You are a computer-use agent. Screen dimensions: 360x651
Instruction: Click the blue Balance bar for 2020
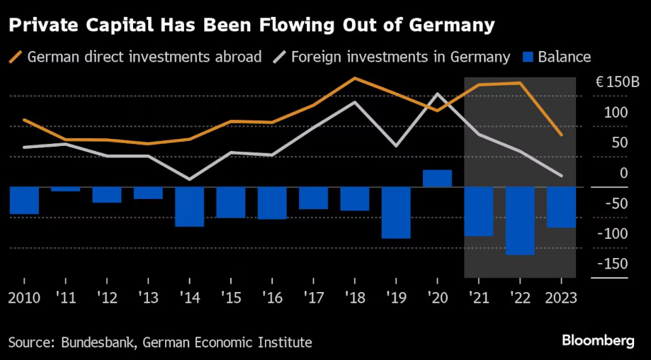(437, 179)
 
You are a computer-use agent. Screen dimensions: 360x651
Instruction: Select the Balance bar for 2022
(520, 220)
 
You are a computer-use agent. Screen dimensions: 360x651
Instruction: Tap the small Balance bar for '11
(65, 189)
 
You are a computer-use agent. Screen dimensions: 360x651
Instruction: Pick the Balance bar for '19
(396, 213)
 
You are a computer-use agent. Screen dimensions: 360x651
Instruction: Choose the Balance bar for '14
(189, 207)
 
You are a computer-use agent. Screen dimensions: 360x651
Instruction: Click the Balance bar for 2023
(561, 208)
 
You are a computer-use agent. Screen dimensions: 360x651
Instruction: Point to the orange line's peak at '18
(355, 78)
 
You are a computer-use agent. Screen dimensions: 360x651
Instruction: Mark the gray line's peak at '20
(438, 94)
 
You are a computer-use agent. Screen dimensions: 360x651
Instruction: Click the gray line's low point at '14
(189, 179)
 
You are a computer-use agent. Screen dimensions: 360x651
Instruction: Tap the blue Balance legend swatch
(526, 57)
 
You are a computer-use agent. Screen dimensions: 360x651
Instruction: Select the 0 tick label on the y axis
(624, 173)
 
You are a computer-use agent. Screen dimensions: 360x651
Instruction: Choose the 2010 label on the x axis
(23, 297)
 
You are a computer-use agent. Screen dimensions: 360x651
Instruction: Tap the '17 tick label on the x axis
(313, 297)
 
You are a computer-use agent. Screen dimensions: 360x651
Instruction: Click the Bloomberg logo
(598, 341)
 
